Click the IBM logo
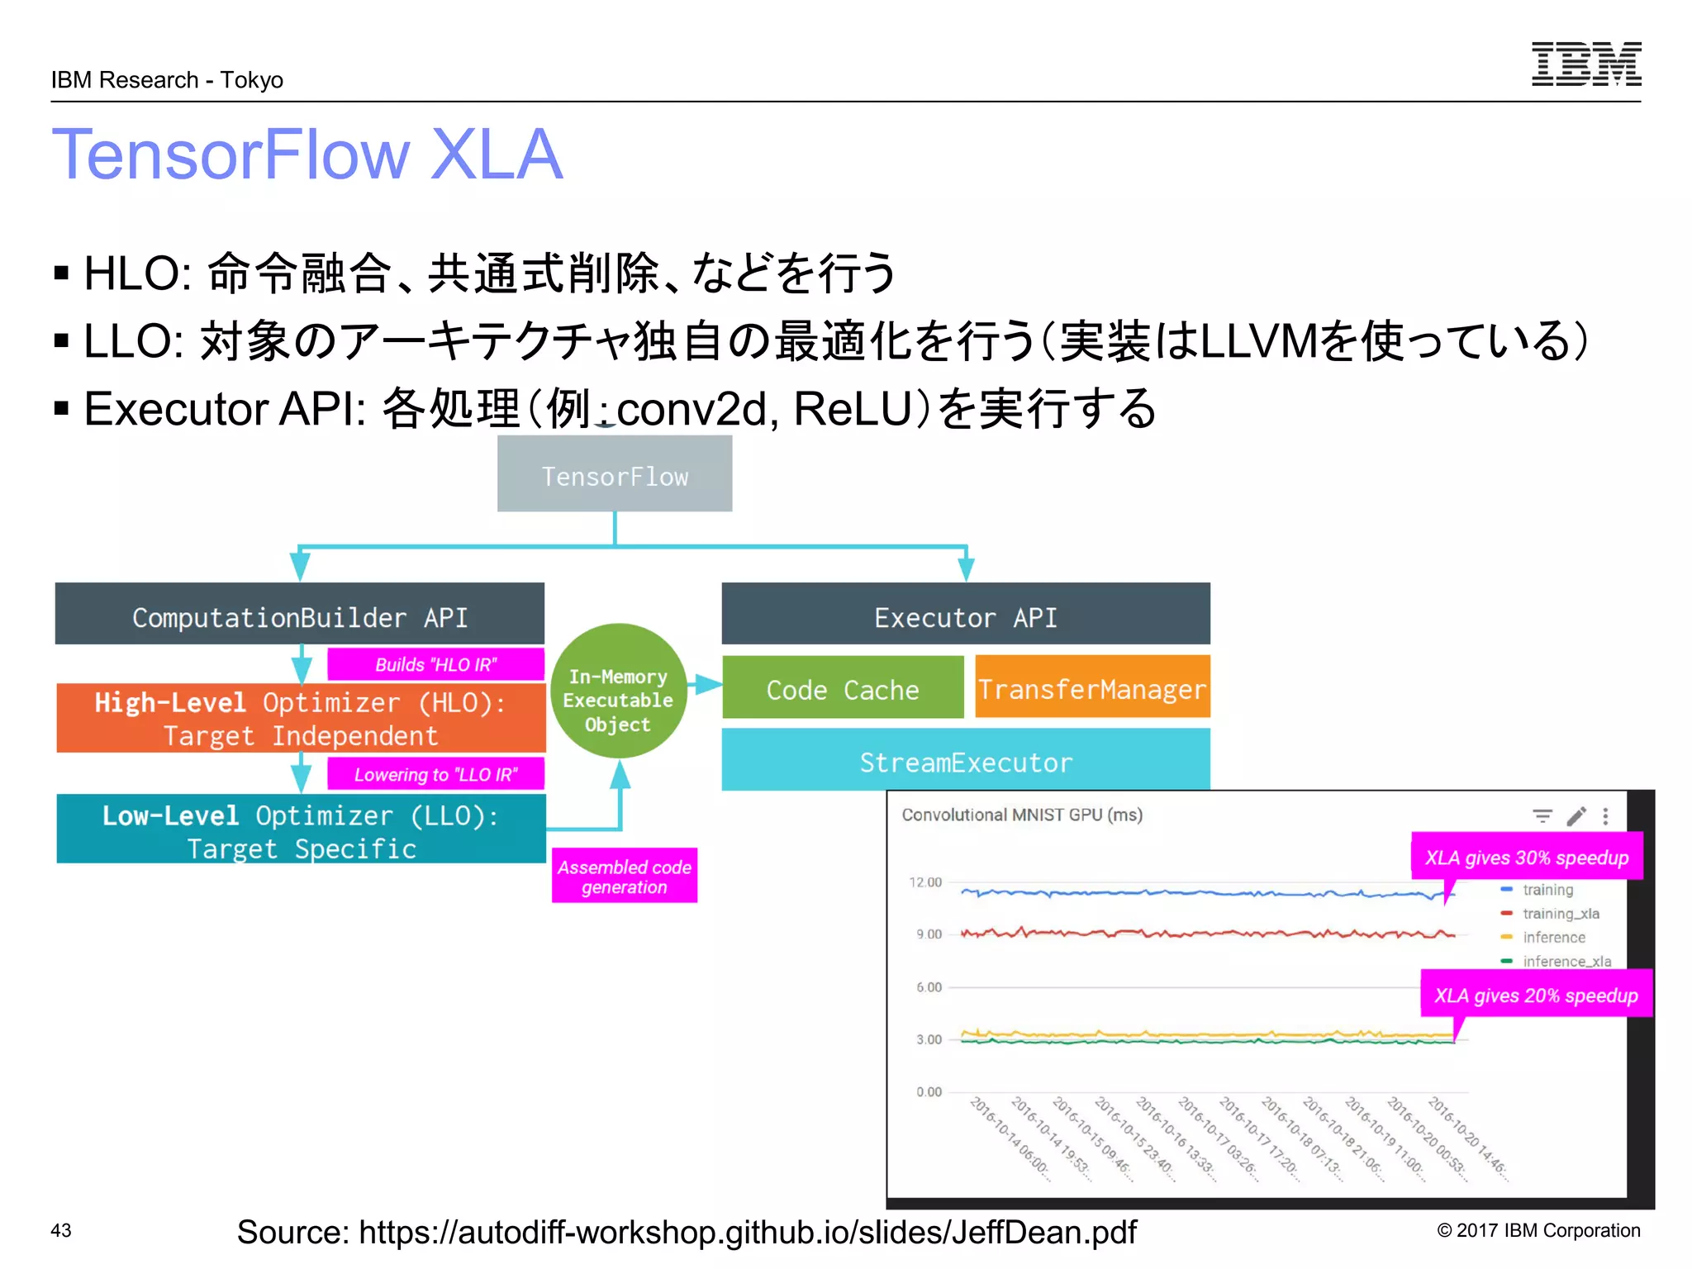tap(1585, 64)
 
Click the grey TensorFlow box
tap(615, 474)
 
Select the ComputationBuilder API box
tap(299, 615)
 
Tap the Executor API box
tap(965, 615)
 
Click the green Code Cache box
tap(842, 688)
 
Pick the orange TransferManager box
tap(1092, 688)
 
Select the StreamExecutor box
tap(965, 761)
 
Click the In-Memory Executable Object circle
tap(618, 699)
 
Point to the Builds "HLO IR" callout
tap(435, 664)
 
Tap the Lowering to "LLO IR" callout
tap(435, 774)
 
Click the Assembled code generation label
tap(624, 876)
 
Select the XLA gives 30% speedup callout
tap(1526, 857)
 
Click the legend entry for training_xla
tap(1560, 913)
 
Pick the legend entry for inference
tap(1553, 937)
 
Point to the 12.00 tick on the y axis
tap(925, 882)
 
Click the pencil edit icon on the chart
tap(1576, 816)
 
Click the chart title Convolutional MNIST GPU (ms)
tap(1021, 815)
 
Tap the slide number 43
tap(61, 1229)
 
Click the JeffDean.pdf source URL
tap(686, 1231)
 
